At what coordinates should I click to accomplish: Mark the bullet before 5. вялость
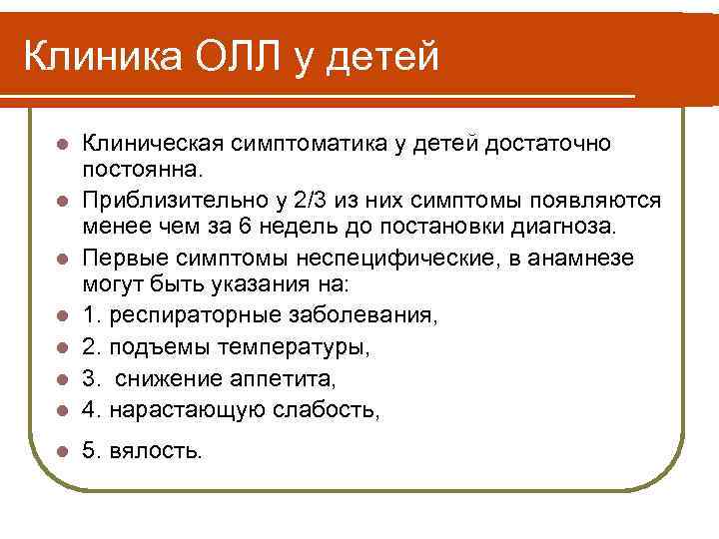(63, 452)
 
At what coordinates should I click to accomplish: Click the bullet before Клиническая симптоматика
(63, 145)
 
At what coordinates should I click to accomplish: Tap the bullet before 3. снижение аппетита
(63, 381)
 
